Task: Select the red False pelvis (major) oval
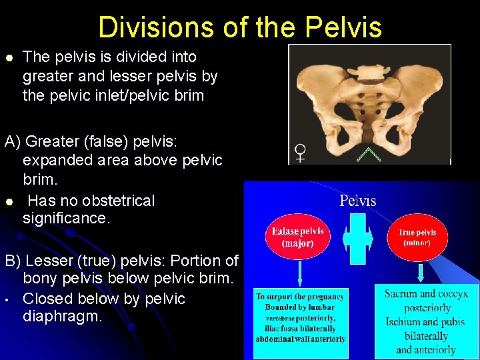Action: pos(298,237)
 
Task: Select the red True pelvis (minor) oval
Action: pos(417,237)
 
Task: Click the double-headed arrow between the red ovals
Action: pos(357,238)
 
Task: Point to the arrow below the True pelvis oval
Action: pos(421,273)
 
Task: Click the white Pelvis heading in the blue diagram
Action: pos(358,201)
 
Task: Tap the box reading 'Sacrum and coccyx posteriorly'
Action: pos(426,321)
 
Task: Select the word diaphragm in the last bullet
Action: pos(63,316)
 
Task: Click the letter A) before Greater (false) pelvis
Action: pos(13,141)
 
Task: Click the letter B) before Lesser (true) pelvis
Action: pos(13,260)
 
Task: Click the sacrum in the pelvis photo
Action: pos(369,107)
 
